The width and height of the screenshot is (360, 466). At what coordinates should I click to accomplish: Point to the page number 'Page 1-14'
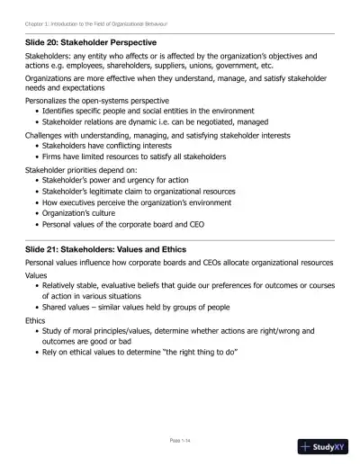click(180, 440)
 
